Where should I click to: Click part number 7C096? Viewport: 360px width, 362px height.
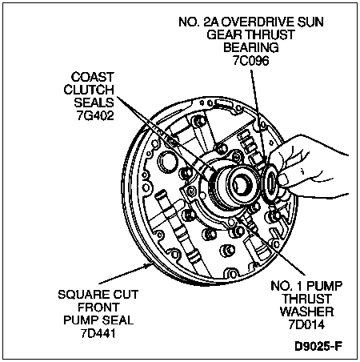250,61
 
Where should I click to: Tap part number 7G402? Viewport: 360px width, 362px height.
95,115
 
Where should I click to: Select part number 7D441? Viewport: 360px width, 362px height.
98,334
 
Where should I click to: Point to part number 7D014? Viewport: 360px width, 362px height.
306,324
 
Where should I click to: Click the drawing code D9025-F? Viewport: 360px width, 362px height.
318,346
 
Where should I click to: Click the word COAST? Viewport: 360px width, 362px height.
93,77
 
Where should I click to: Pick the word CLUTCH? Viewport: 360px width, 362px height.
89,90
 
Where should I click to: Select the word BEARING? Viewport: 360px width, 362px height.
251,48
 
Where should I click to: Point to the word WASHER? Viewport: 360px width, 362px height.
306,312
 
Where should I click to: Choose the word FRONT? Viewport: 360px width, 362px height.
98,308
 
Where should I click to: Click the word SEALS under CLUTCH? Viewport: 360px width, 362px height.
94,103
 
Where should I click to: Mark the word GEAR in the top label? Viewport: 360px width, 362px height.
224,35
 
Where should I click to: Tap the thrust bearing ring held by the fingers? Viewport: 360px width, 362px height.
270,183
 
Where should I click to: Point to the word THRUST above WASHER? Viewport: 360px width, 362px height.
306,299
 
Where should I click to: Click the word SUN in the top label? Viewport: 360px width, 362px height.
310,22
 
